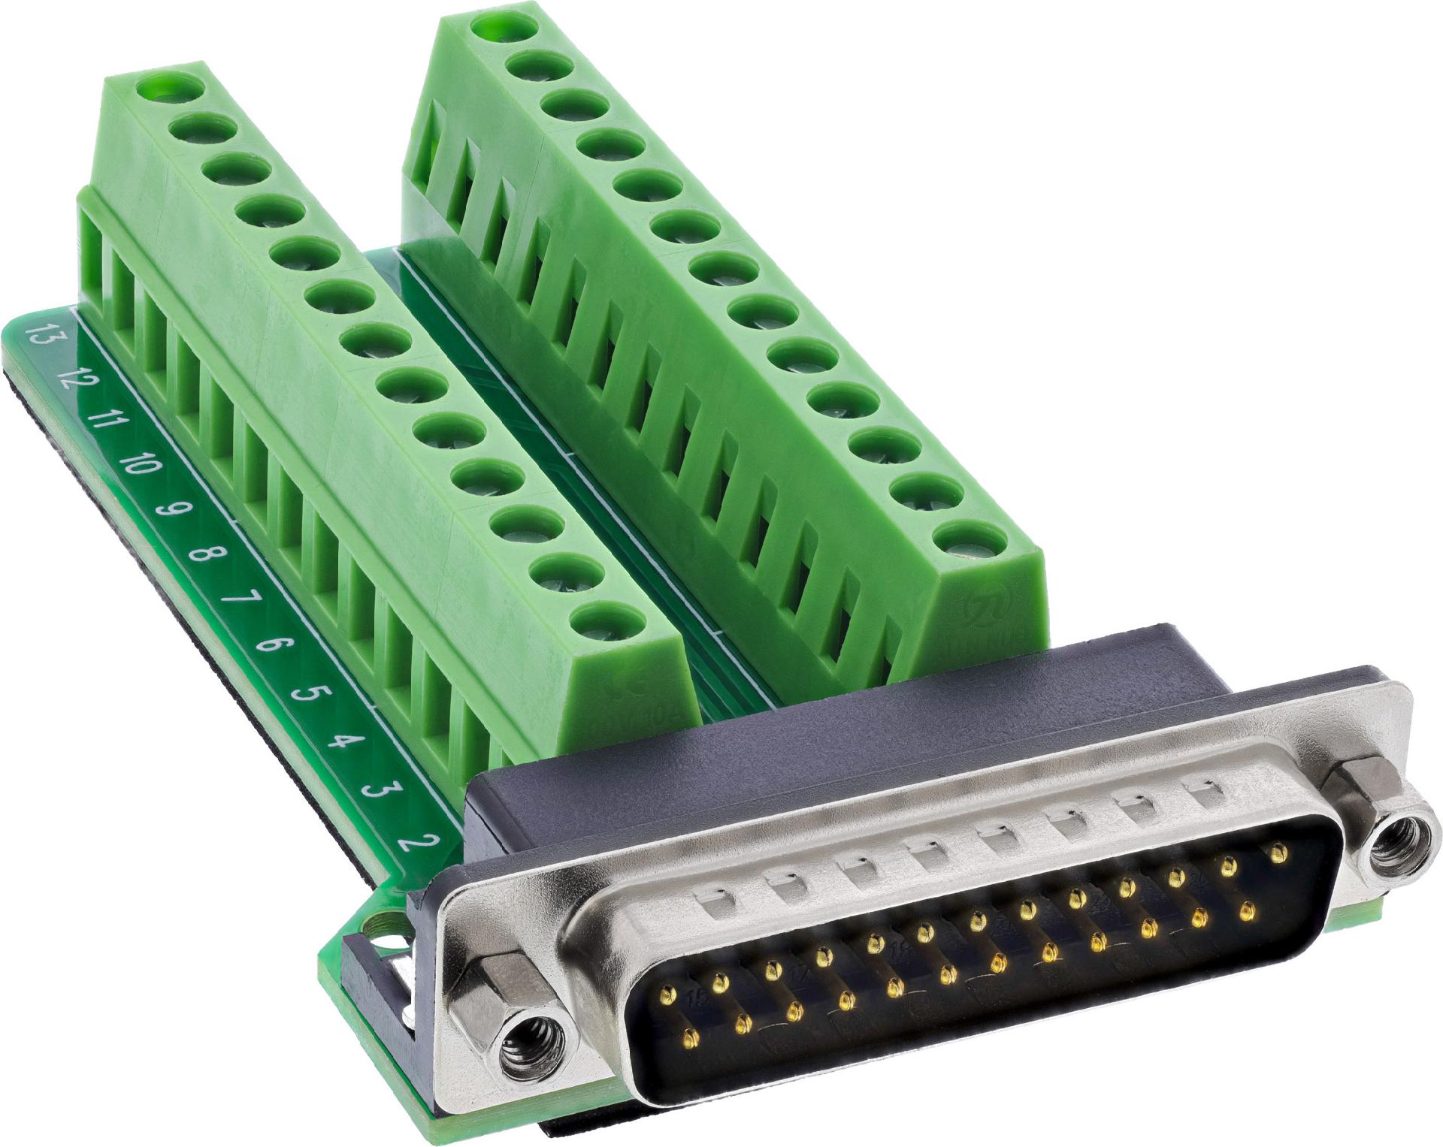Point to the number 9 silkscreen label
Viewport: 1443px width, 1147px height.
(169, 509)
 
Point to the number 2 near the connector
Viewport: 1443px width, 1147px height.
(412, 841)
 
